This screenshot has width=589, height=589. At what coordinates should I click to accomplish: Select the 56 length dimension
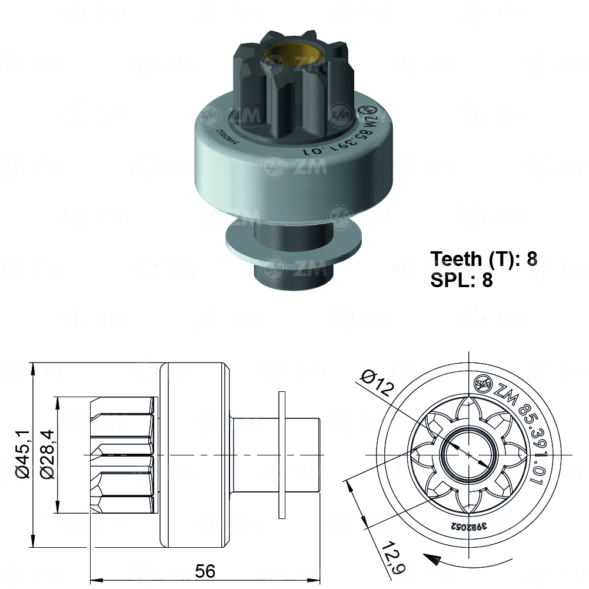(205, 570)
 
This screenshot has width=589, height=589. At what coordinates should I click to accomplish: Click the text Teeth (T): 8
(484, 258)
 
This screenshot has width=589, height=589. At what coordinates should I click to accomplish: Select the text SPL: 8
(461, 280)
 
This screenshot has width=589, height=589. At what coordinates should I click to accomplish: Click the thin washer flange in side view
(282, 455)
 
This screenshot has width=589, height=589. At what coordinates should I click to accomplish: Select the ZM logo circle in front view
(483, 384)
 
